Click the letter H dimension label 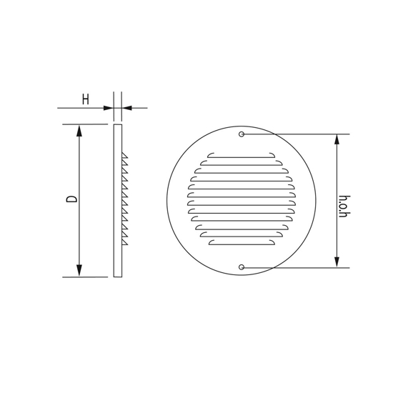(x=85, y=99)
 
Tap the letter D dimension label (x=71, y=198)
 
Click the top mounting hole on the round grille (x=242, y=134)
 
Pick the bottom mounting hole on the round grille (x=242, y=267)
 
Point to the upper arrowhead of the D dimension (x=79, y=131)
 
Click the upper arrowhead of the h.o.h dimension (x=337, y=140)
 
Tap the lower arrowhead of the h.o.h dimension (x=337, y=262)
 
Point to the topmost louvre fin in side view (x=124, y=155)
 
